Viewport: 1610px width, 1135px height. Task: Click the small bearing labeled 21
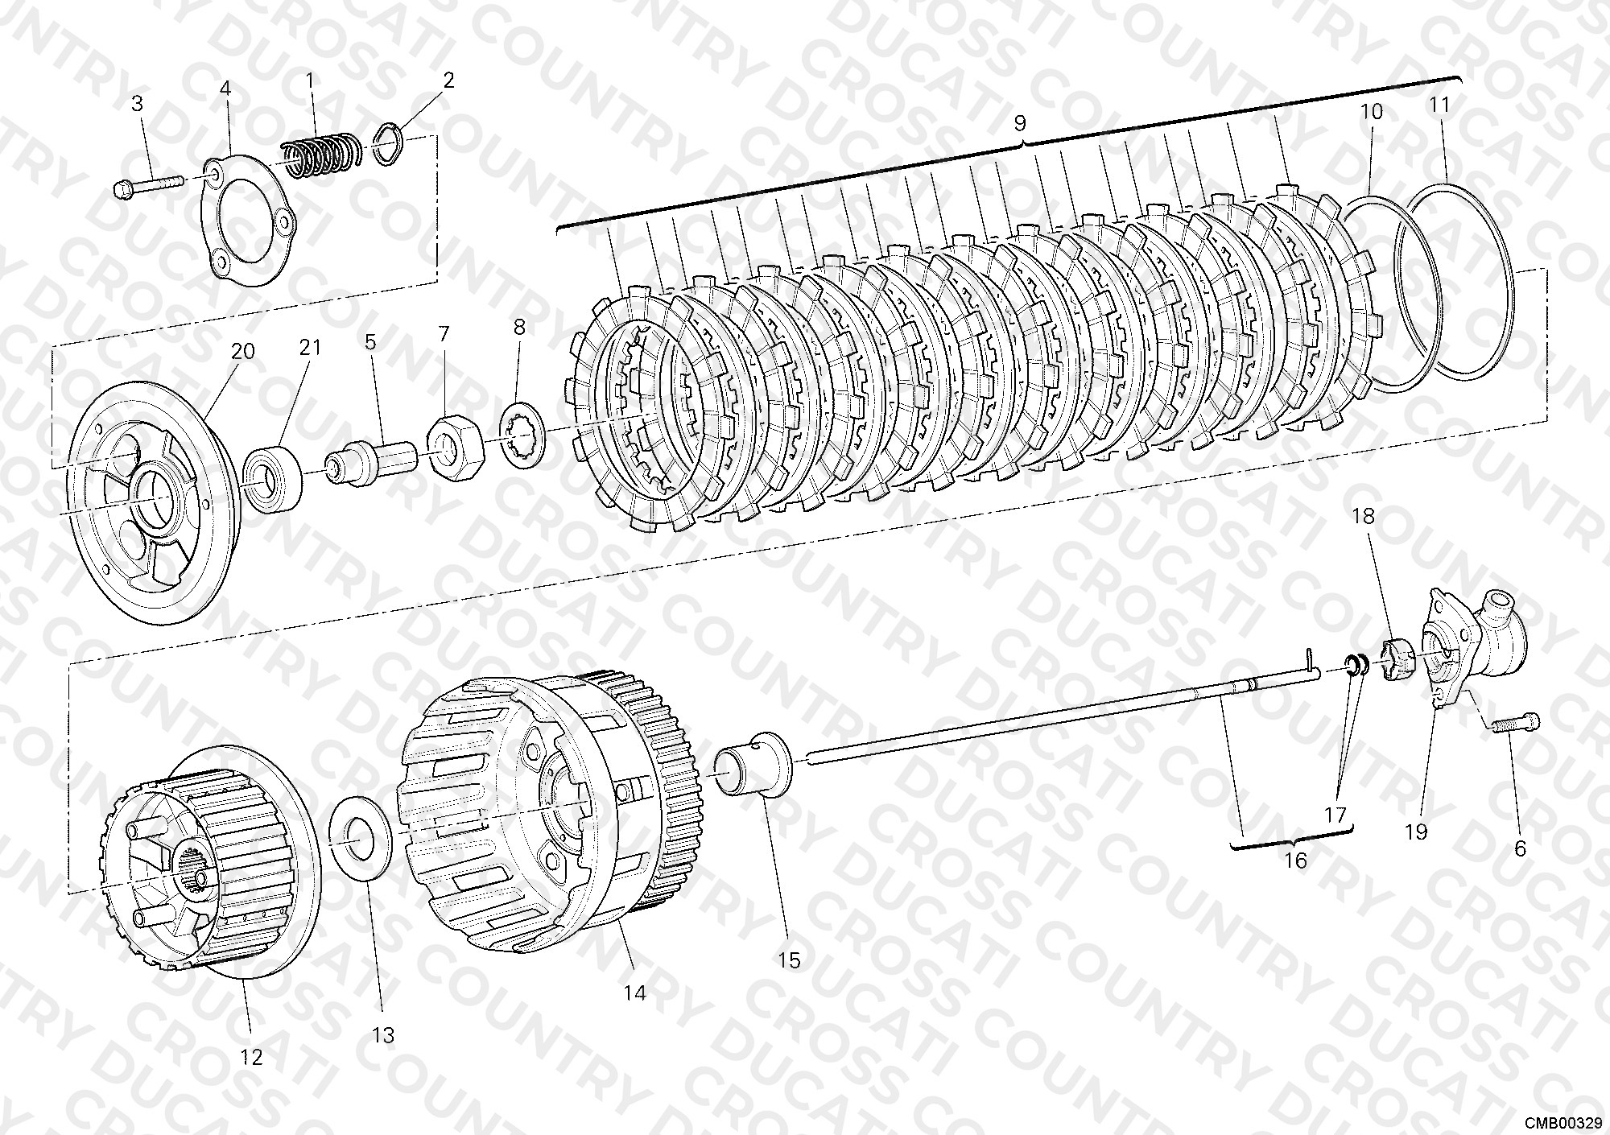[x=271, y=480]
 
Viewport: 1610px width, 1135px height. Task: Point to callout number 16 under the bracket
[x=1294, y=861]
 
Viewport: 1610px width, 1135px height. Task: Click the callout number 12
[x=251, y=1057]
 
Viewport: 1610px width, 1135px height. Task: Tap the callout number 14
[x=634, y=993]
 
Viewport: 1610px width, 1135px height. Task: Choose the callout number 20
[x=242, y=351]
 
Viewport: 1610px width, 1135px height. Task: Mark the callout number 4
[x=225, y=89]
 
